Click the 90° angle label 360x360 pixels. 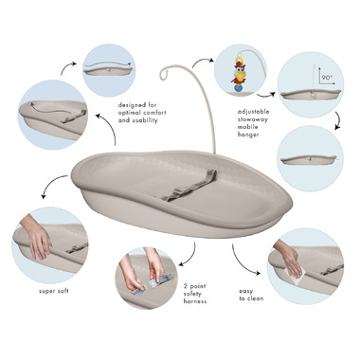tap(326, 78)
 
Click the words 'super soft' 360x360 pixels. tap(54, 291)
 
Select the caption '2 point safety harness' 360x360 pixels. tap(195, 294)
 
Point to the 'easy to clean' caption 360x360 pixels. tap(251, 295)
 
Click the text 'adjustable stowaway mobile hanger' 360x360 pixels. tap(253, 123)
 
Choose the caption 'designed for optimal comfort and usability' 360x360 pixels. tap(142, 113)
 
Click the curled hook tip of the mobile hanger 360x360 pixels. tap(163, 74)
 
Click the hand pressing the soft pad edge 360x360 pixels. tap(36, 234)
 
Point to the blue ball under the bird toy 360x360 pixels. tap(239, 88)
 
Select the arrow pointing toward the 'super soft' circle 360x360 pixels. tap(51, 182)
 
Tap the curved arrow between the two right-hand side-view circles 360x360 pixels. tap(338, 120)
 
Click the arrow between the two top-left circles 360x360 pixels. tap(67, 66)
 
